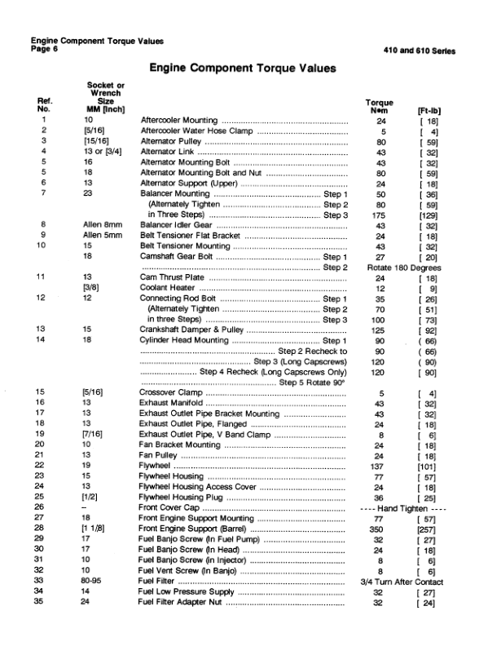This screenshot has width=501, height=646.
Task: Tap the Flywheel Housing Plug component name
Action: coord(182,496)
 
